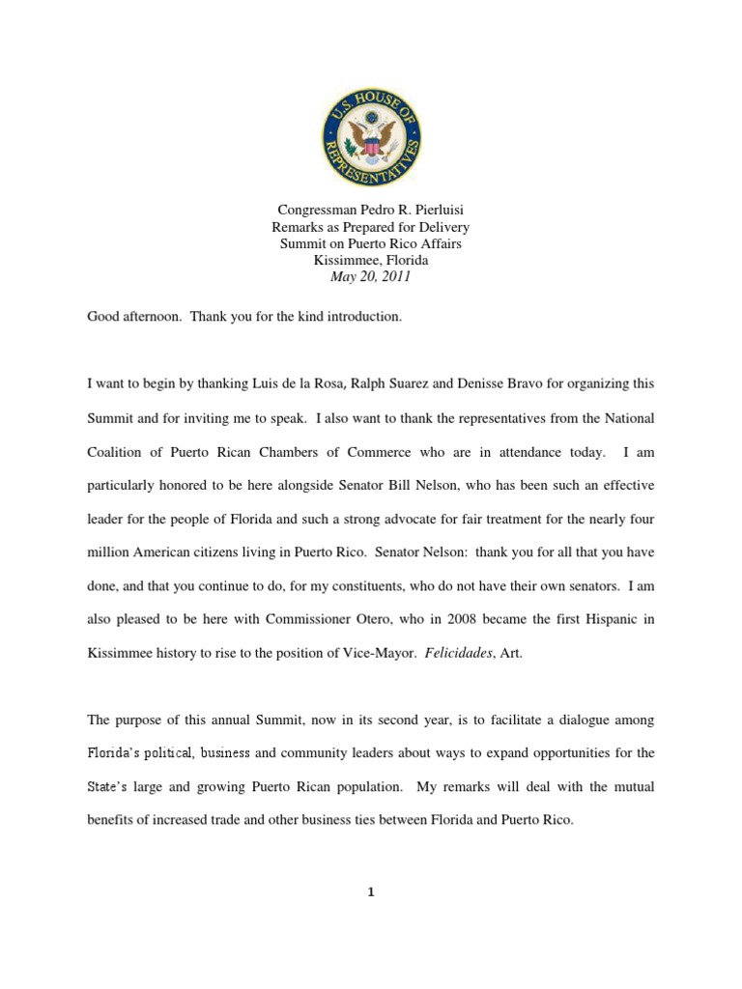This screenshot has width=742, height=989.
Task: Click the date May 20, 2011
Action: (x=371, y=276)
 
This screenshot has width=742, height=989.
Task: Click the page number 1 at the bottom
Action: (x=370, y=891)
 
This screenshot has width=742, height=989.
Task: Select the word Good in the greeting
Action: (x=104, y=317)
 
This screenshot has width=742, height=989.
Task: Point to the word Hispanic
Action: (x=601, y=620)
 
